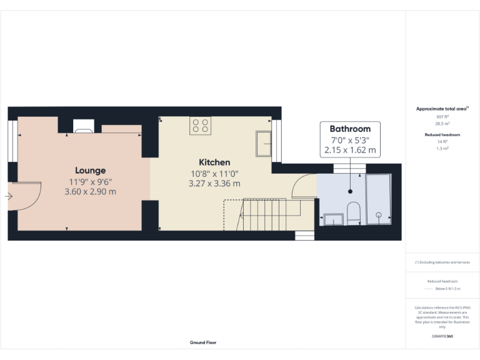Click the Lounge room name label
click(90, 170)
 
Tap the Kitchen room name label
click(214, 162)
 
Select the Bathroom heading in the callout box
click(350, 129)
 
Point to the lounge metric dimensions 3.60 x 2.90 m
click(90, 192)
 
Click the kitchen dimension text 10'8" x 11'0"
click(214, 173)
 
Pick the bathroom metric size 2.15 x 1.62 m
click(350, 150)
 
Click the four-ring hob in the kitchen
click(200, 125)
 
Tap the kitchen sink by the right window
click(263, 144)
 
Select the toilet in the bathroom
click(352, 212)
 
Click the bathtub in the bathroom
click(379, 199)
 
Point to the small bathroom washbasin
click(333, 219)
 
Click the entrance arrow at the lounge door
click(8, 196)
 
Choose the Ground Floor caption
click(203, 342)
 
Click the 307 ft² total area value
click(442, 117)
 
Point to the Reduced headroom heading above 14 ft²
click(442, 135)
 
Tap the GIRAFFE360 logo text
click(442, 336)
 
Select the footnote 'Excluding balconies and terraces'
click(442, 262)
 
